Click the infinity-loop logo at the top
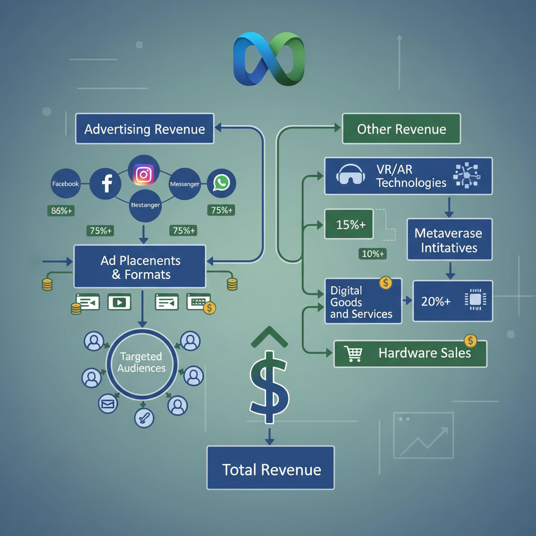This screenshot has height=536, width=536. tap(268, 59)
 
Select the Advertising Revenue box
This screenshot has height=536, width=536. tap(144, 129)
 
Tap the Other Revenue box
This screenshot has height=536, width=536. tap(401, 129)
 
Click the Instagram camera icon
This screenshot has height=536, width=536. tap(143, 174)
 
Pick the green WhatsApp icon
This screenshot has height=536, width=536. tap(221, 183)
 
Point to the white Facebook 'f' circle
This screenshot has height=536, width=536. tap(106, 184)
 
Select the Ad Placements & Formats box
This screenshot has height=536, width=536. tap(140, 267)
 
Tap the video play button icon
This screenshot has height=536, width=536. tap(119, 302)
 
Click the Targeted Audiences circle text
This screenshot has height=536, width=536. tap(141, 362)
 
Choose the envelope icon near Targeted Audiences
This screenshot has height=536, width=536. tap(108, 404)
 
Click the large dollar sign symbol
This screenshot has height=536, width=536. tap(269, 386)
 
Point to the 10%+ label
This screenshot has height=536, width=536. tap(373, 254)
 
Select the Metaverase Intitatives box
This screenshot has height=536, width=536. tap(449, 240)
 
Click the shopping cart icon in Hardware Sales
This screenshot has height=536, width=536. tap(354, 353)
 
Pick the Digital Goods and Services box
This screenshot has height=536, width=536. tap(363, 301)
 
